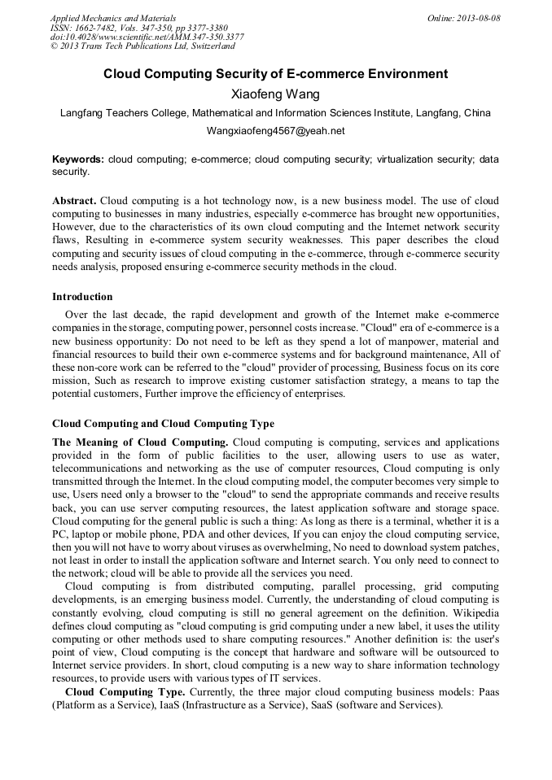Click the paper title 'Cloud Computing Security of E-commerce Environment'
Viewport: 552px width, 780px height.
pyautogui.click(x=275, y=74)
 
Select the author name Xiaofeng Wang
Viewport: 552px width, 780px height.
pyautogui.click(x=275, y=94)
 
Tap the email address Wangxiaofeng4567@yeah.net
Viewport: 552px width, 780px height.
pyautogui.click(x=275, y=130)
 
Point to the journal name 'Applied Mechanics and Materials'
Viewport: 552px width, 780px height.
pyautogui.click(x=113, y=18)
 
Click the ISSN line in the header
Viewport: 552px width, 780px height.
pyautogui.click(x=139, y=28)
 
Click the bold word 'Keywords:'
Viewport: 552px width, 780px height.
pyautogui.click(x=77, y=159)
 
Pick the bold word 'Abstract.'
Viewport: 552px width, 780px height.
pyautogui.click(x=74, y=200)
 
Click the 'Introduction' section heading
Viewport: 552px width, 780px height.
pyautogui.click(x=82, y=296)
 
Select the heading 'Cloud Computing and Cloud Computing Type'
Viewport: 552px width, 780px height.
pyautogui.click(x=163, y=424)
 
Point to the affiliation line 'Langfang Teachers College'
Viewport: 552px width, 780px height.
pyautogui.click(x=275, y=113)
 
